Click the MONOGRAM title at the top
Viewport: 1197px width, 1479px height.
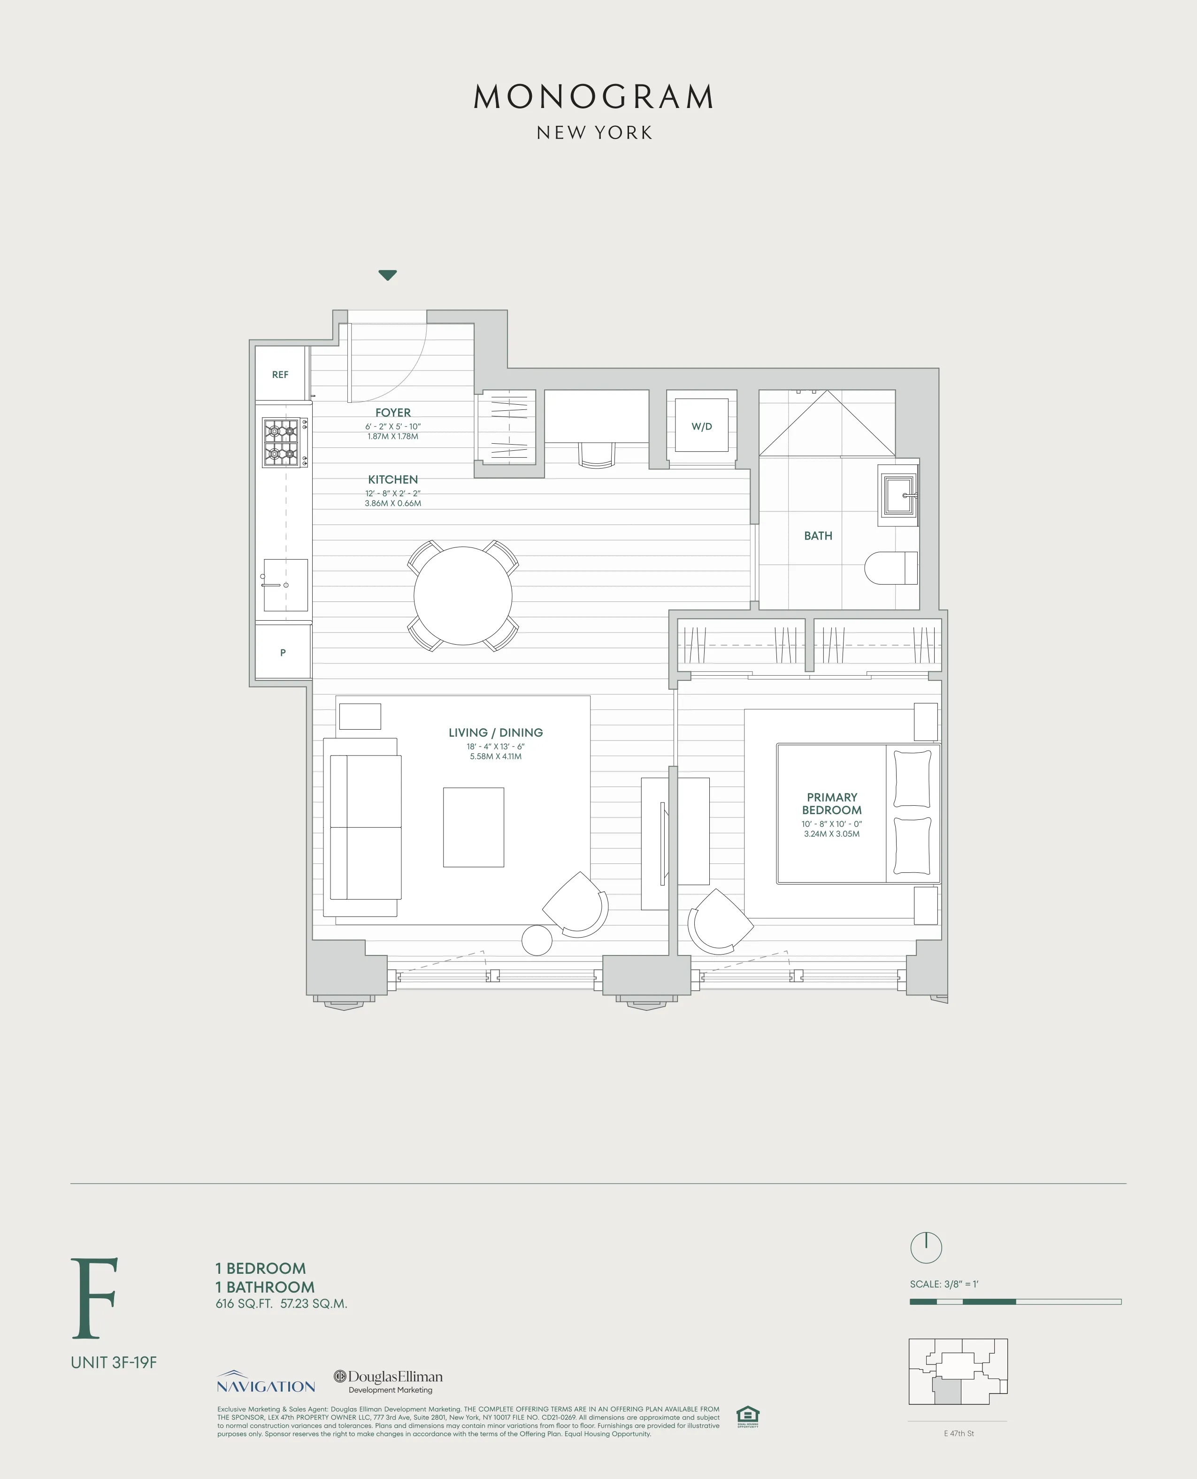(594, 97)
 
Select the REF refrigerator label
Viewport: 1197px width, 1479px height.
(280, 374)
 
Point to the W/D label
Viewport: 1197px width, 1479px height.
(701, 427)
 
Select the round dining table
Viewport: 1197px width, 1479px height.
(463, 596)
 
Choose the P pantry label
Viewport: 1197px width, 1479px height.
(283, 652)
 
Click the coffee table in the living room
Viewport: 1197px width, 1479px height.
(473, 827)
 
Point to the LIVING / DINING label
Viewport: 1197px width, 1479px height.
(495, 732)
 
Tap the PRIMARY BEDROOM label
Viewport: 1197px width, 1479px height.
(831, 803)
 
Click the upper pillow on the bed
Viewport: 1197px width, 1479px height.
(912, 778)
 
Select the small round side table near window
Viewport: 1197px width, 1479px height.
(537, 939)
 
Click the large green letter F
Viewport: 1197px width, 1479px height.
(95, 1298)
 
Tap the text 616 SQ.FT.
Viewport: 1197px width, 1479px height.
(244, 1304)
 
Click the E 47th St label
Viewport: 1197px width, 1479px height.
(959, 1433)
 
